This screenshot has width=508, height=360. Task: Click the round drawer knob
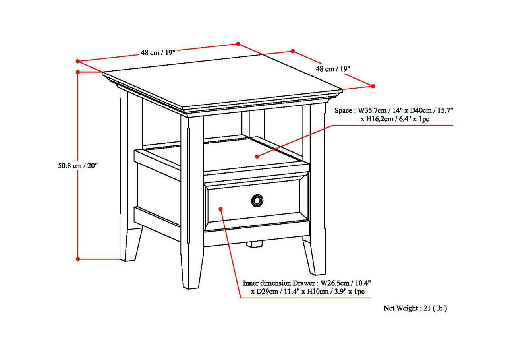coord(257,201)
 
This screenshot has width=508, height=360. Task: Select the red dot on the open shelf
coord(257,156)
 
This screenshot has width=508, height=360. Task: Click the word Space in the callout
coord(343,111)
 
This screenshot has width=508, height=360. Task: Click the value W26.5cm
coord(334,283)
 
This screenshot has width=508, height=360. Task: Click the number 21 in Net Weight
coord(426,308)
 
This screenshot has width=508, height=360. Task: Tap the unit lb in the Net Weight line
coord(440,308)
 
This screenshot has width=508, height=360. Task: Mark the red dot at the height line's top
coord(78,72)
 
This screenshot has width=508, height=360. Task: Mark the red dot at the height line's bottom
coord(78,259)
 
